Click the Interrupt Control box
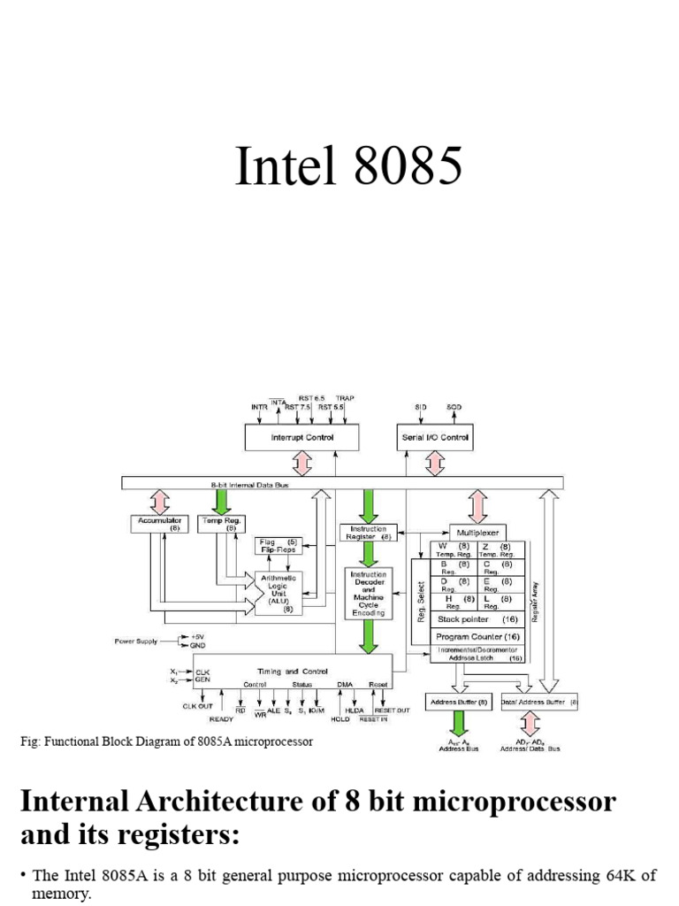click(301, 437)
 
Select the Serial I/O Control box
click(435, 437)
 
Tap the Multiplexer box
click(478, 533)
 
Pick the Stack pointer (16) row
click(477, 620)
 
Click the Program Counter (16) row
click(477, 637)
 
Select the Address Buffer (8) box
click(458, 702)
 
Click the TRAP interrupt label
click(345, 399)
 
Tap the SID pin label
click(421, 407)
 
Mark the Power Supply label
click(135, 640)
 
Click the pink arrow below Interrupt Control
click(301, 463)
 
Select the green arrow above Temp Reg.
click(221, 501)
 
